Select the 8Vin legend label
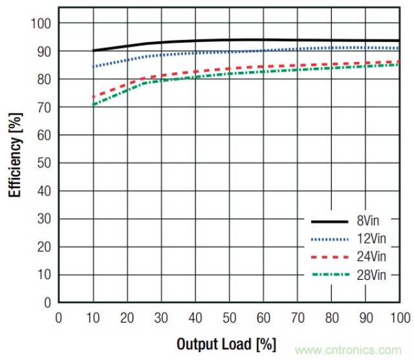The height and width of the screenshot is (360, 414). click(x=373, y=222)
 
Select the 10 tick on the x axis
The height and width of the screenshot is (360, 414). click(x=93, y=317)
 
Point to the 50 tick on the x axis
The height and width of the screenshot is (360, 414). click(x=230, y=317)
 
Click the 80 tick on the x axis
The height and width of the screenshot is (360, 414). click(x=332, y=317)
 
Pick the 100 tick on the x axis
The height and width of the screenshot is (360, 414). click(x=399, y=317)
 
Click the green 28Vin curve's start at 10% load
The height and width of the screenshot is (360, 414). click(x=94, y=105)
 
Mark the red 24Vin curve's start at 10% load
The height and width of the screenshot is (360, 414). click(x=94, y=97)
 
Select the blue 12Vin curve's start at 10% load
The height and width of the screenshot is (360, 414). click(x=94, y=67)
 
